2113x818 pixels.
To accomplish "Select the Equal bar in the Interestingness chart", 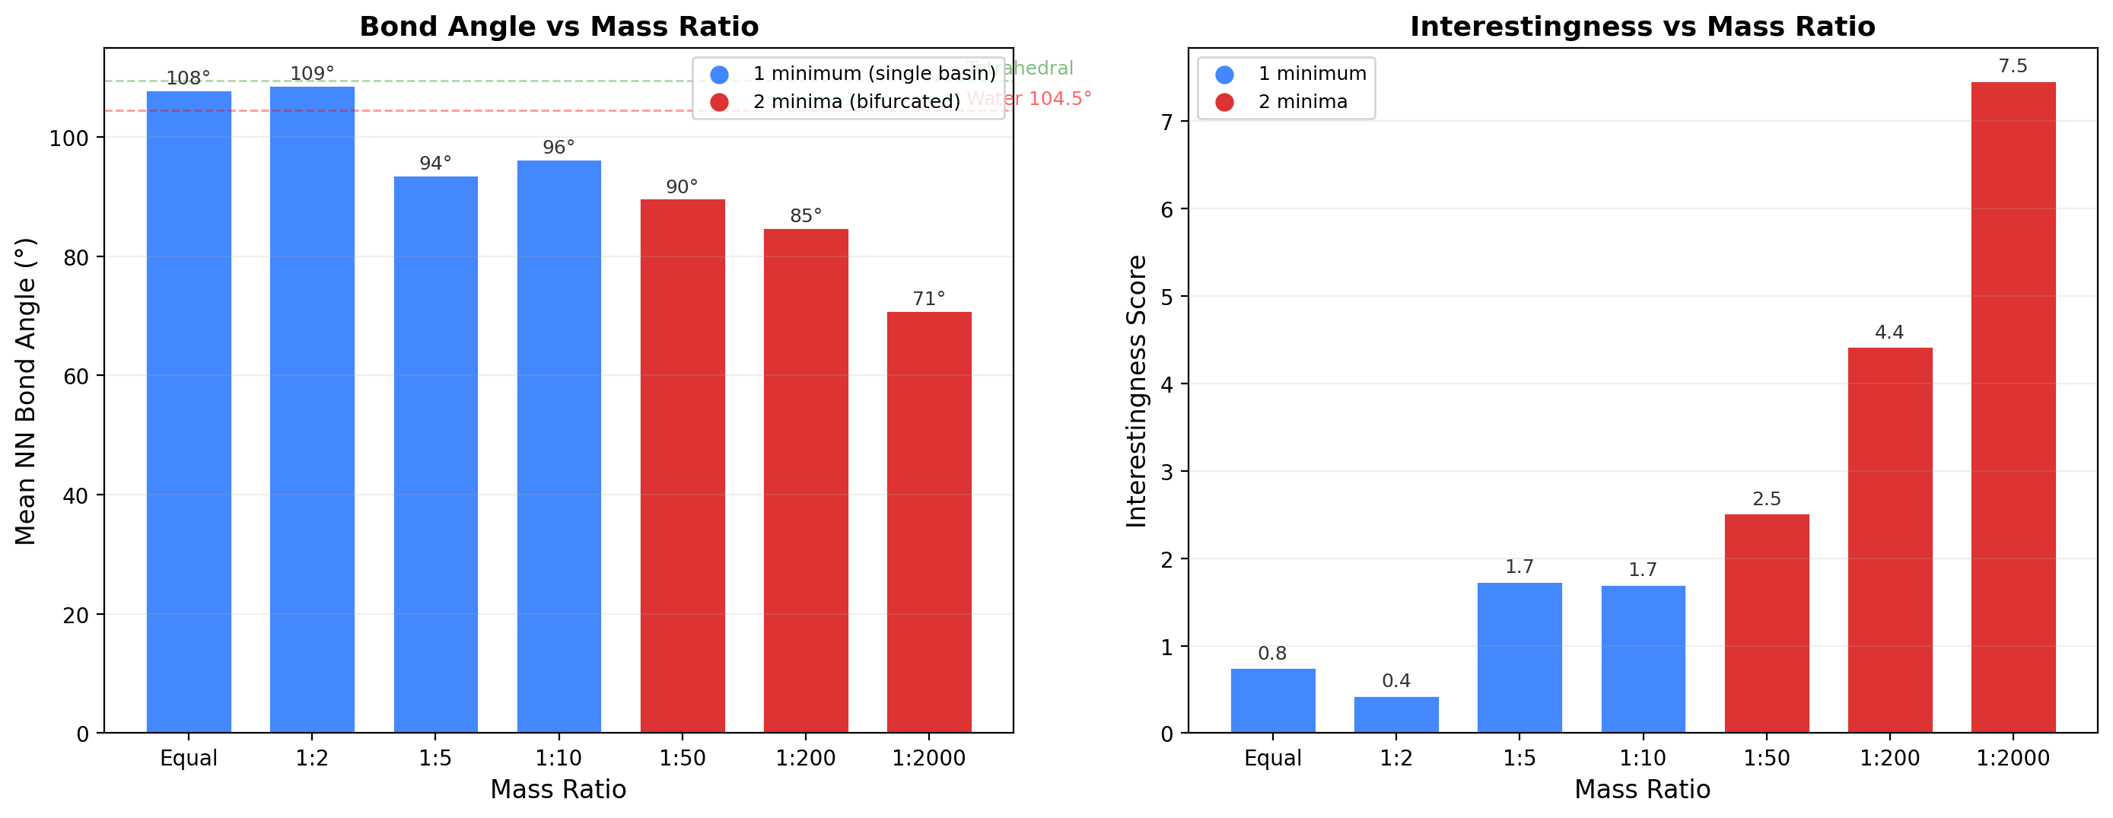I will (1272, 701).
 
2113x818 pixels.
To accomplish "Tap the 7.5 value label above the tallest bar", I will (2013, 66).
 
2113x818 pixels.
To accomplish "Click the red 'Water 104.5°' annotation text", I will (1029, 98).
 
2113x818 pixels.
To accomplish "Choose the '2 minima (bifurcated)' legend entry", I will (855, 102).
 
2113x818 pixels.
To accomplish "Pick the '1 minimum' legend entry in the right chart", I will (1312, 74).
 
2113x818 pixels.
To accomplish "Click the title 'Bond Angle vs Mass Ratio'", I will (558, 27).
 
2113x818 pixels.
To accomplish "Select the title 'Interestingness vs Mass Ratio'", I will (1642, 27).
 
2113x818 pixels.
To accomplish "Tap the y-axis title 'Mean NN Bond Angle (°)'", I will (25, 391).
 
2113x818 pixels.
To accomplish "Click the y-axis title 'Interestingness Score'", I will (1136, 391).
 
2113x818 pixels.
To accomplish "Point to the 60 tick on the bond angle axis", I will (75, 377).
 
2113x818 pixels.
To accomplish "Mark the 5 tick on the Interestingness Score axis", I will (1167, 297).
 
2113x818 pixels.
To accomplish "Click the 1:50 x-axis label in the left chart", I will (683, 758).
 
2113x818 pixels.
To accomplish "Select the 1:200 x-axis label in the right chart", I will (1890, 758).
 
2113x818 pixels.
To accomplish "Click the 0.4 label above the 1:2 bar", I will (1396, 681).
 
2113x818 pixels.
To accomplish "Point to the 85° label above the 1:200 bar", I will (806, 216).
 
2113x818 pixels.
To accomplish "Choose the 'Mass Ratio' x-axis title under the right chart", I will (1642, 790).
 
